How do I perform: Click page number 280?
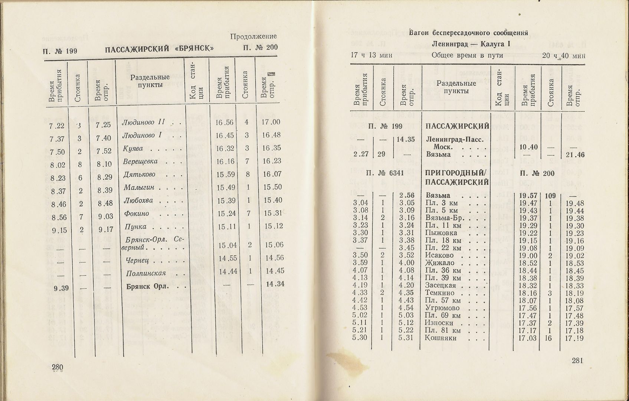[58, 367]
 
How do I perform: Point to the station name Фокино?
[137, 213]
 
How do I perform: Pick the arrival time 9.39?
[59, 288]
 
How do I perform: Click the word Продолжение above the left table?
[253, 36]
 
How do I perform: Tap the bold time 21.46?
[574, 154]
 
